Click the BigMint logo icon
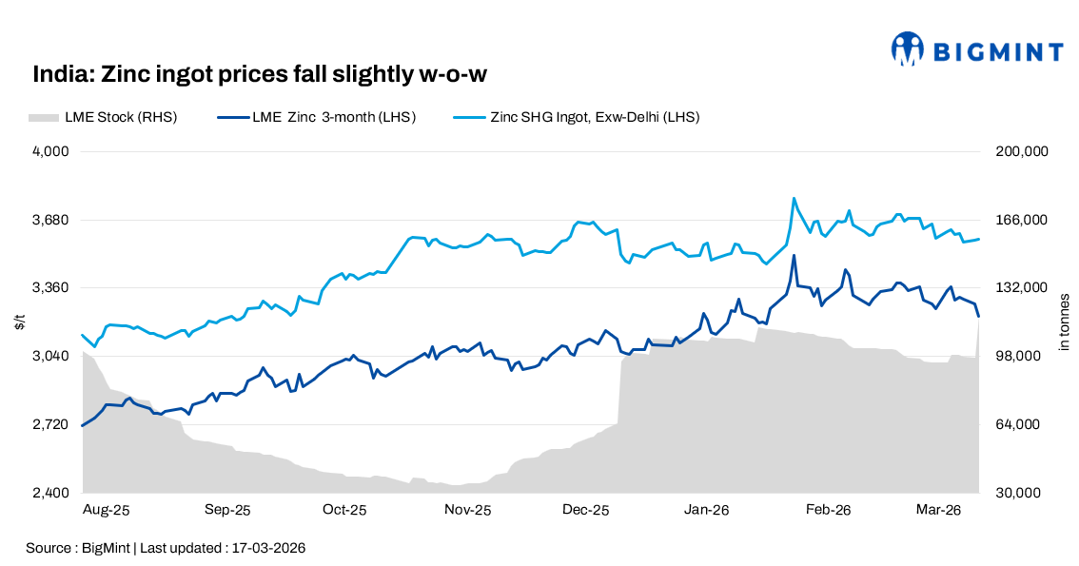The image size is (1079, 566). (x=908, y=49)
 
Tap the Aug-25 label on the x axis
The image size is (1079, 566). (x=107, y=511)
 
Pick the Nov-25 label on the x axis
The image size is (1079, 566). (x=467, y=511)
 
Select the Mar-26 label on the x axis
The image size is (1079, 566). (x=938, y=511)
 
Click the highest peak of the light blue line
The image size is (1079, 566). (x=794, y=199)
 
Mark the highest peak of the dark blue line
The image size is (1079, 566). (x=794, y=255)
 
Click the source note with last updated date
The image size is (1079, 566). (x=166, y=549)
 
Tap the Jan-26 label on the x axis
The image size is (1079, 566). (x=706, y=511)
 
